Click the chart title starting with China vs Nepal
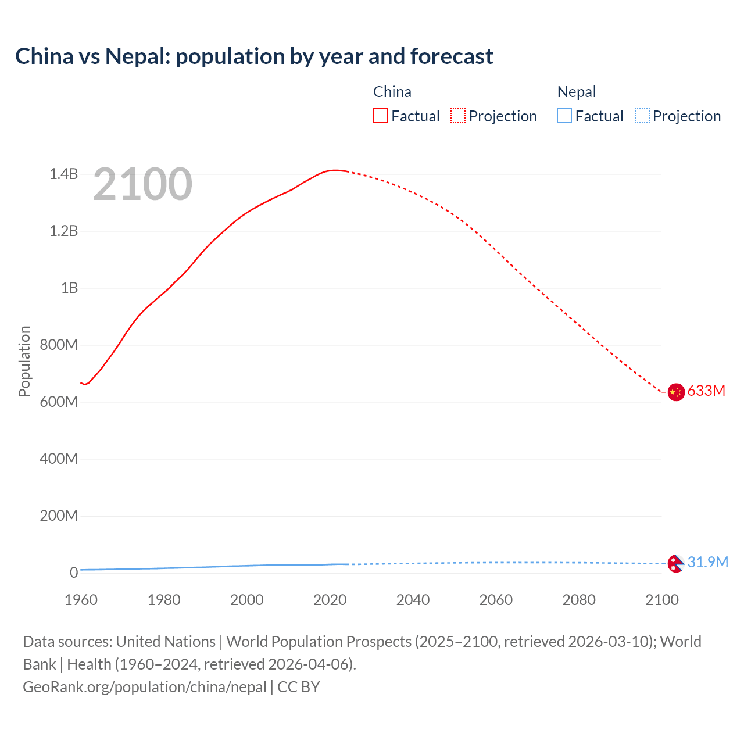(x=254, y=56)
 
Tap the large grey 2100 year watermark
(x=142, y=184)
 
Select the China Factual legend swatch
(x=380, y=116)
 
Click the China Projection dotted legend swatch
(x=458, y=116)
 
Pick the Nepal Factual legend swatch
(x=564, y=116)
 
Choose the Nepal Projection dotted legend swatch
(x=642, y=116)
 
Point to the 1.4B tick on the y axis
(x=63, y=174)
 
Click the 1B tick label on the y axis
(x=69, y=288)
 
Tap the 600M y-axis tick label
(x=59, y=402)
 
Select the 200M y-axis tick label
(x=59, y=516)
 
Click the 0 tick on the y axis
(x=74, y=573)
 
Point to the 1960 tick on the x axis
(x=81, y=600)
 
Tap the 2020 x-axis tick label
(x=330, y=600)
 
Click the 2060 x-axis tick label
(x=496, y=600)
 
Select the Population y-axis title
(x=24, y=361)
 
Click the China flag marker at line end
(x=675, y=392)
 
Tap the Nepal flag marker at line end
(x=675, y=563)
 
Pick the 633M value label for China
(x=706, y=391)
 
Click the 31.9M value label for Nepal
(x=707, y=562)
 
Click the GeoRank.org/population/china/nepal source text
(x=144, y=687)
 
